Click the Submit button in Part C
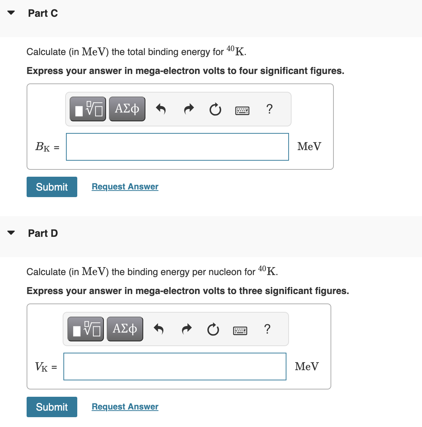(52, 187)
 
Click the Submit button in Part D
(52, 407)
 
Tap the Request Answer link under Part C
(125, 187)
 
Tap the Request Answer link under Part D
(125, 407)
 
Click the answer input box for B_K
(177, 147)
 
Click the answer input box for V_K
(175, 367)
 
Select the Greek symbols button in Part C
(127, 109)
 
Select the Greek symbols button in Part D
(125, 329)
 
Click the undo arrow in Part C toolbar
(161, 109)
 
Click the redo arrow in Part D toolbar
(187, 329)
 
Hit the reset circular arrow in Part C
(215, 109)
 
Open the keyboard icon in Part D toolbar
(240, 330)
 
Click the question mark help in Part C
(269, 109)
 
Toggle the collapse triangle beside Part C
(11, 13)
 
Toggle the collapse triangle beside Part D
(11, 233)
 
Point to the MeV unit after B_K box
(309, 146)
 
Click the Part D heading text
(43, 233)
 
